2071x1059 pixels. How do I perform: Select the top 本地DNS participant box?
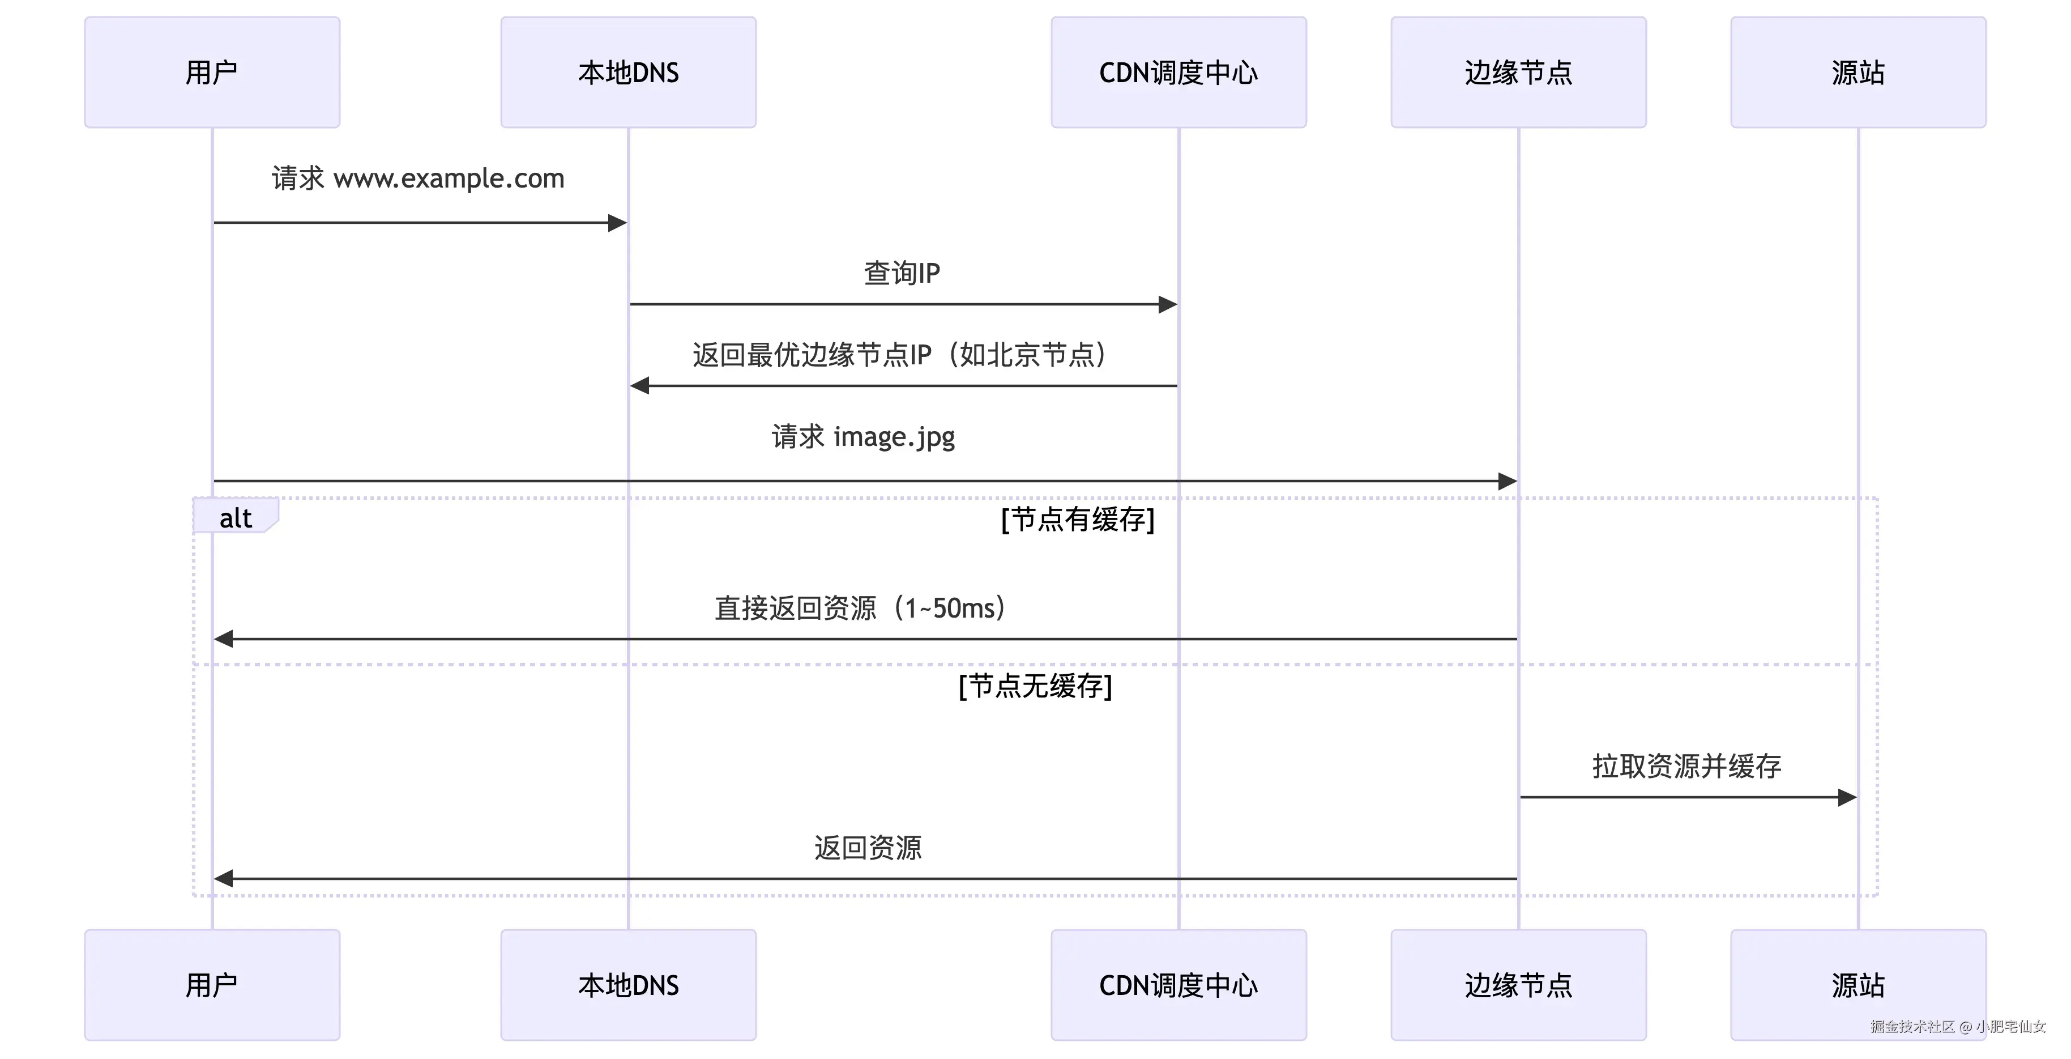628,73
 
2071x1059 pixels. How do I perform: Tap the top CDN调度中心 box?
1178,73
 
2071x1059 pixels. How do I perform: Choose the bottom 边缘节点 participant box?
1518,984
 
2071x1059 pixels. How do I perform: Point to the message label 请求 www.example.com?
418,178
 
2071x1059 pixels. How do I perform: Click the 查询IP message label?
901,274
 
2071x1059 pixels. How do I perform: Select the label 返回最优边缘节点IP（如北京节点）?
900,355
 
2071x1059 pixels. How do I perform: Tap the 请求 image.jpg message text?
864,437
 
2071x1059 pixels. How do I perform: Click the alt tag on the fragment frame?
235,518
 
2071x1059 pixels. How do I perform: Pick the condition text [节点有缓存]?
1077,520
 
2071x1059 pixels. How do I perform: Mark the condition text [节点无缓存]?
1035,686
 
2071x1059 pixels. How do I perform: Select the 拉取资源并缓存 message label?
1686,766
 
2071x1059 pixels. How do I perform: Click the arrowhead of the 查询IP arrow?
1168,304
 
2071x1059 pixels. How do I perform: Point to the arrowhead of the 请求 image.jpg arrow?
1508,482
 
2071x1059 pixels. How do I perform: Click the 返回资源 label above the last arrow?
868,848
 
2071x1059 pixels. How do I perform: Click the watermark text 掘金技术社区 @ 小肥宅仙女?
1958,1026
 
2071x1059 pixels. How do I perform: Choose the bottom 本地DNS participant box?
628,984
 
